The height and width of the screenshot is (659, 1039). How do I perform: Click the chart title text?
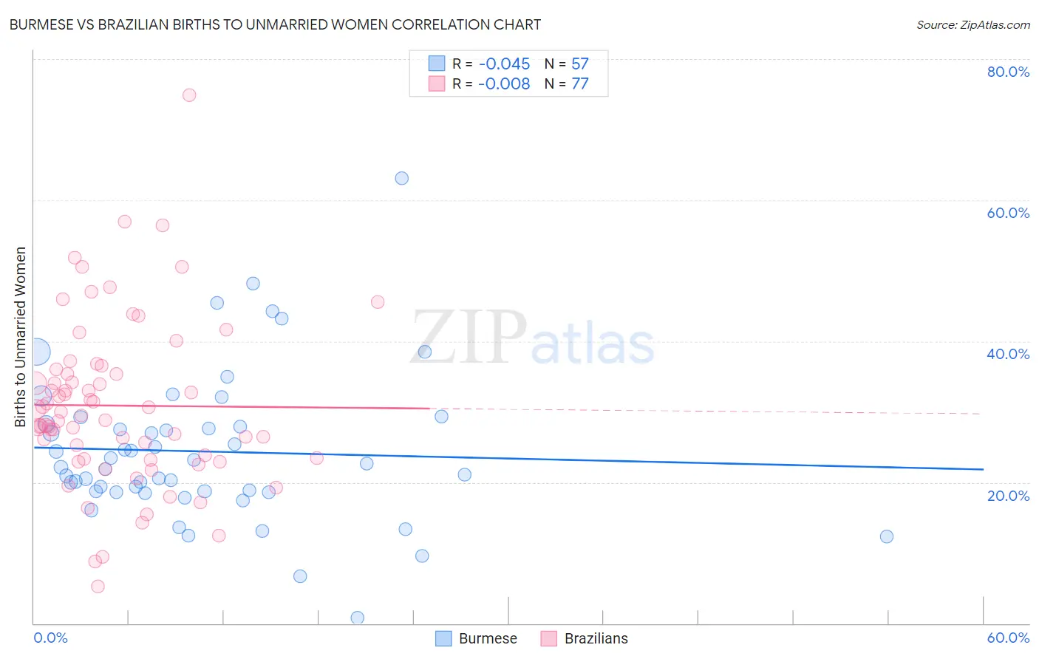[275, 24]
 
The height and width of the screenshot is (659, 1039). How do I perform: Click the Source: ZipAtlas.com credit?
[972, 24]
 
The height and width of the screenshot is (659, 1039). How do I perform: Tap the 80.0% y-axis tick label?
[1008, 72]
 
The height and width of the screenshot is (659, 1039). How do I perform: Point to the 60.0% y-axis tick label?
[1008, 213]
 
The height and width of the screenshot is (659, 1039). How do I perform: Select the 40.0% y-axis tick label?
[1008, 354]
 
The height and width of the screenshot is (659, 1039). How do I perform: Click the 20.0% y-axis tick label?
[1008, 496]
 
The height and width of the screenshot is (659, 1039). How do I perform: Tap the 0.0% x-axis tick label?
[50, 638]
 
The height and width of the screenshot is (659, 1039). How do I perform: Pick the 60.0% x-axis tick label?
[1008, 638]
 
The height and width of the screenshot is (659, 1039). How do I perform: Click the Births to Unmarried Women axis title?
[20, 337]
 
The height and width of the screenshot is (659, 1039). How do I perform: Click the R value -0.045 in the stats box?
[504, 64]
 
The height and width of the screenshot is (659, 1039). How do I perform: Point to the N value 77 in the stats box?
[580, 84]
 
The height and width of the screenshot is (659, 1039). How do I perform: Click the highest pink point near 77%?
[189, 95]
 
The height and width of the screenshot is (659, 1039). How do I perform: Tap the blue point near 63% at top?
[401, 178]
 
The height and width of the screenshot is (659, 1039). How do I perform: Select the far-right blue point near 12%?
[887, 536]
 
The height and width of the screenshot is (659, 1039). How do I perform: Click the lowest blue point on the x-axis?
[358, 618]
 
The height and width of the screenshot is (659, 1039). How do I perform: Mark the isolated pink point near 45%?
[378, 301]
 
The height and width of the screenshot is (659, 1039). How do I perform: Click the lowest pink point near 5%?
[98, 587]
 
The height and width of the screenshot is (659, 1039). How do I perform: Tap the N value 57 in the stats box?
[580, 64]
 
